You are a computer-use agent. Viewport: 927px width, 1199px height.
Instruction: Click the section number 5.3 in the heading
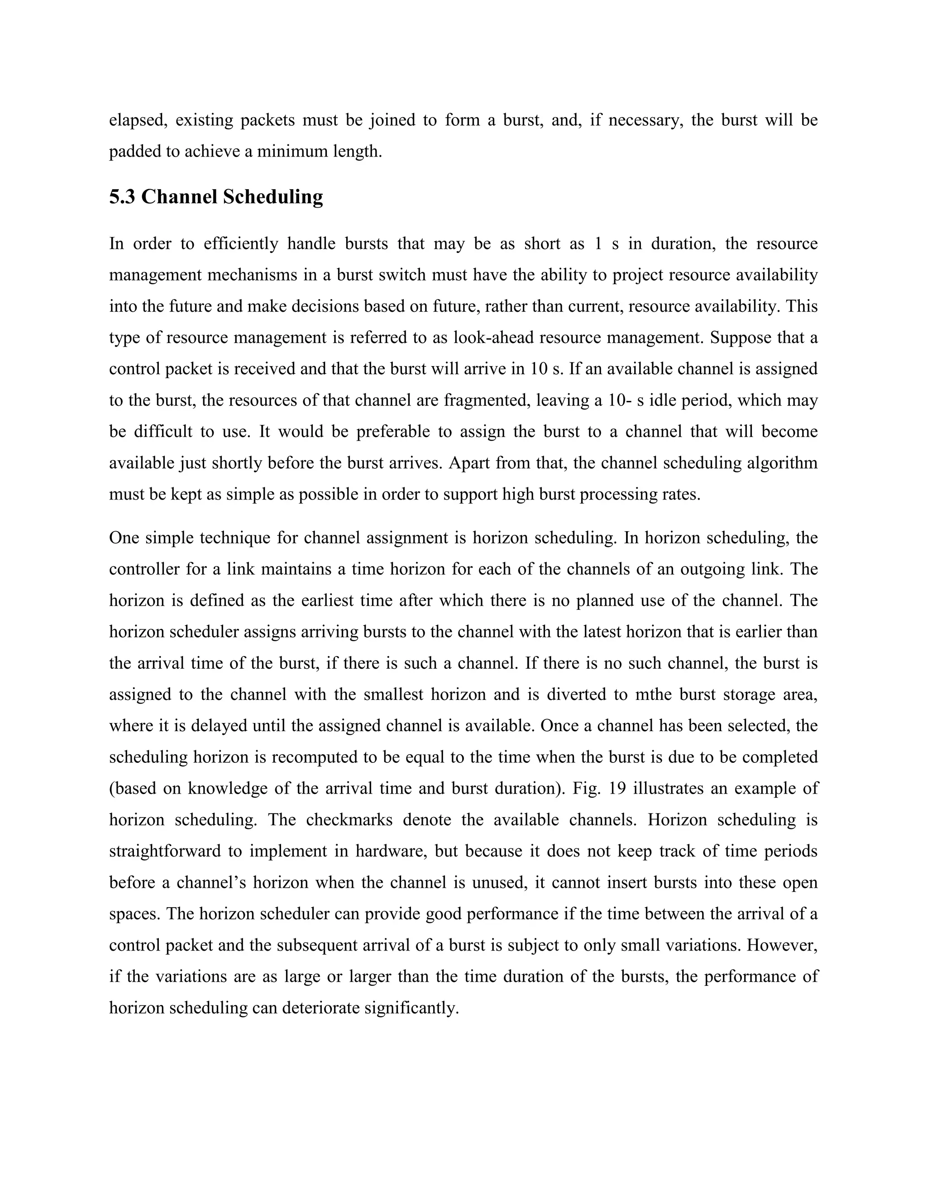(x=122, y=196)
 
